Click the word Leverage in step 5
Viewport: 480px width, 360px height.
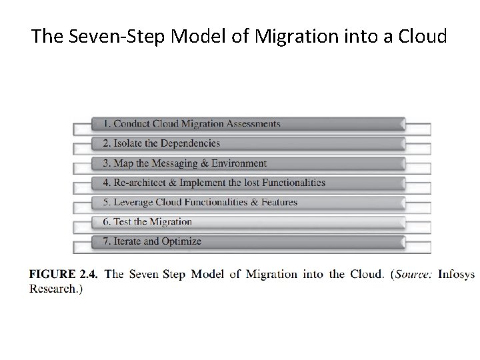tap(133, 202)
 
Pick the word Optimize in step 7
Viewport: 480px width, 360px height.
tap(181, 241)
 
